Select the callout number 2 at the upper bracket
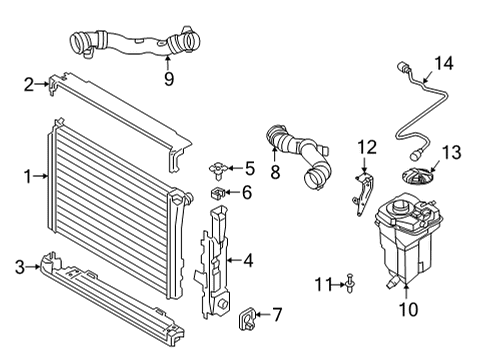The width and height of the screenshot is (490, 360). pyautogui.click(x=29, y=85)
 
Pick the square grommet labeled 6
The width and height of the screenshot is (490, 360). pyautogui.click(x=216, y=191)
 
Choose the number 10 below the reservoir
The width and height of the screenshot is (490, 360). pyautogui.click(x=409, y=310)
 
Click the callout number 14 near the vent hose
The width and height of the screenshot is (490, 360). pyautogui.click(x=442, y=62)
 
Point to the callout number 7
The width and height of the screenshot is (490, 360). pyautogui.click(x=277, y=318)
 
